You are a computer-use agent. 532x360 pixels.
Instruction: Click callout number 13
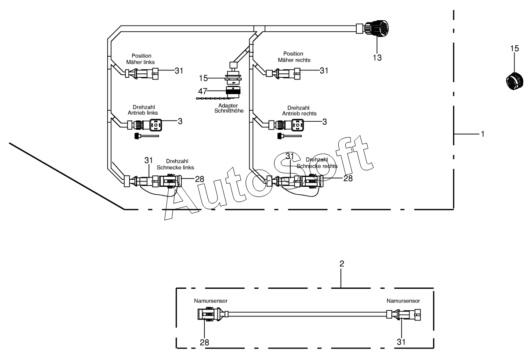[x=377, y=57]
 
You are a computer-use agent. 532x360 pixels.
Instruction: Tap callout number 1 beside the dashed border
[x=482, y=134]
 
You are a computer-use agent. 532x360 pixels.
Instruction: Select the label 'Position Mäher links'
[x=141, y=59]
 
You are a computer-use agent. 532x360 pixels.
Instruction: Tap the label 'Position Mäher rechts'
[x=293, y=57]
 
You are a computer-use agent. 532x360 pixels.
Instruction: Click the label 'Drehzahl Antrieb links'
[x=142, y=111]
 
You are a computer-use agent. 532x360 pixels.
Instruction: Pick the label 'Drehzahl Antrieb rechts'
[x=299, y=111]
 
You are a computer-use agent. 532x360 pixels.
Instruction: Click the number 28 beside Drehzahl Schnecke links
[x=188, y=179]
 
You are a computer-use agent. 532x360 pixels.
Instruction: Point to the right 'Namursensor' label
[x=403, y=302]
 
